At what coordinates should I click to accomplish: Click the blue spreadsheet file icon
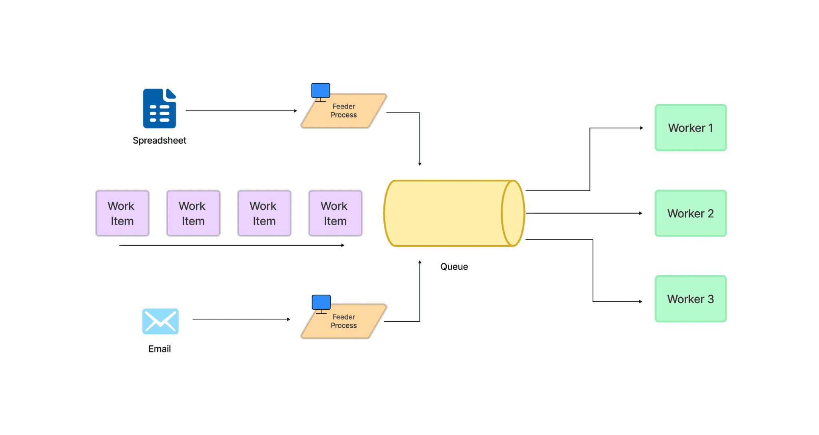(x=160, y=108)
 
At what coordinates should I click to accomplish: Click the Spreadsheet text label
(x=159, y=140)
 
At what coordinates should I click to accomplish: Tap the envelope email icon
(x=160, y=321)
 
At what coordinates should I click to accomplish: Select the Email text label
(x=160, y=349)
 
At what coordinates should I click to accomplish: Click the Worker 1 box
(x=690, y=128)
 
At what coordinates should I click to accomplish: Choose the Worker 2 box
(x=690, y=213)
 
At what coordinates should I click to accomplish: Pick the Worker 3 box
(x=690, y=299)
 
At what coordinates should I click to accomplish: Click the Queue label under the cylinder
(x=454, y=267)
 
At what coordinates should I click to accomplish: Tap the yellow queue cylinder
(x=448, y=213)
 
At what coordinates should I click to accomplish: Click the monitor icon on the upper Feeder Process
(x=321, y=91)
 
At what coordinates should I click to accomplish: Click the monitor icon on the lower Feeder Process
(x=321, y=303)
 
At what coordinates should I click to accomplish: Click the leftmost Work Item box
(x=122, y=213)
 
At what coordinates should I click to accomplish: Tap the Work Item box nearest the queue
(x=335, y=213)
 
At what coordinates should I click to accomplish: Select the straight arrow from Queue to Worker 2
(x=584, y=213)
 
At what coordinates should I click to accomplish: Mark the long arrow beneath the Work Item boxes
(x=232, y=245)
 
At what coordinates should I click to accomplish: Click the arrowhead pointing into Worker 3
(x=641, y=301)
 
